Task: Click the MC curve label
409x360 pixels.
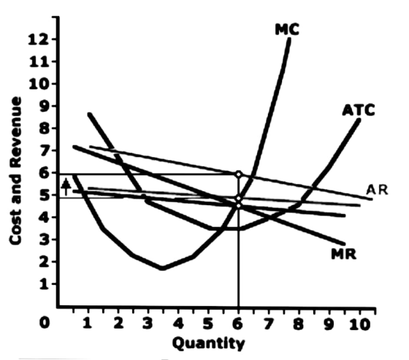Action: tap(287, 29)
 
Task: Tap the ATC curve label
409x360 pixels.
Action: tap(359, 110)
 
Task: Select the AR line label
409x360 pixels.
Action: tap(377, 190)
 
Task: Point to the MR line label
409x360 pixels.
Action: tap(343, 254)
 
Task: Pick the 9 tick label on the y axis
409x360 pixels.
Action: tap(45, 106)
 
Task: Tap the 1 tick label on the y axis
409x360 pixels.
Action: tap(45, 284)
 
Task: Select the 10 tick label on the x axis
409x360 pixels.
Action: tap(359, 324)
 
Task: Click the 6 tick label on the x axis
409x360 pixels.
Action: tap(238, 324)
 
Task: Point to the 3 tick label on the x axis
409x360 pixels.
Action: tap(148, 324)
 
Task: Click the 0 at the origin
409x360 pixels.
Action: tap(45, 323)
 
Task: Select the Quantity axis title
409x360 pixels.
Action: tap(208, 343)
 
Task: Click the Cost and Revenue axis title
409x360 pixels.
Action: tap(15, 171)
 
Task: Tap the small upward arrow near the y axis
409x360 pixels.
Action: tap(66, 187)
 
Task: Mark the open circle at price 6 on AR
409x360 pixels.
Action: tap(238, 174)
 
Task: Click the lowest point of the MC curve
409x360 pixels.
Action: tap(162, 268)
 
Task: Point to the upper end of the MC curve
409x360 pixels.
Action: tap(289, 39)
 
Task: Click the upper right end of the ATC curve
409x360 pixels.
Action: tap(359, 120)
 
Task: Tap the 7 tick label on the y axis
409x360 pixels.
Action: tap(45, 150)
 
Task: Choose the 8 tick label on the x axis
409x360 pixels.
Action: tap(299, 324)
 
